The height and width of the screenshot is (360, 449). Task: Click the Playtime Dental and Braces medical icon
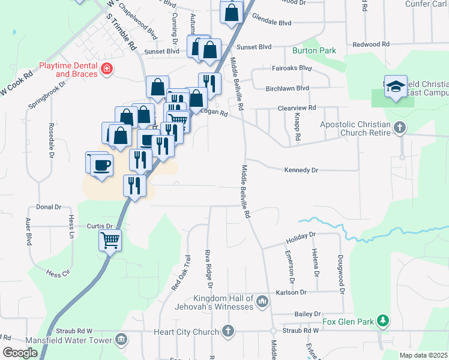click(x=107, y=69)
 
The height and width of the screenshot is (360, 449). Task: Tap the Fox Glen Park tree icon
click(x=382, y=322)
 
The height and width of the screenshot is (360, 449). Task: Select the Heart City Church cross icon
click(x=228, y=331)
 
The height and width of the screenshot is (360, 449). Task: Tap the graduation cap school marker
click(x=396, y=87)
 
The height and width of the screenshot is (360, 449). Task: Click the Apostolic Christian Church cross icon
click(x=400, y=127)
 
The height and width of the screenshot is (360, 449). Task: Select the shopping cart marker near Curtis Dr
click(x=110, y=241)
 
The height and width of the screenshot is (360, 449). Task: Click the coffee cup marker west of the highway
click(x=101, y=164)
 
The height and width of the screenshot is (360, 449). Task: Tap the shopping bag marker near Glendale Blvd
click(x=232, y=13)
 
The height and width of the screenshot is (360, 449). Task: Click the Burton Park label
click(x=314, y=51)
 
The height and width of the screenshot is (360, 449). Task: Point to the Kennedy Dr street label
click(x=300, y=170)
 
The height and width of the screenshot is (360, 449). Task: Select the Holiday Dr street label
click(x=300, y=236)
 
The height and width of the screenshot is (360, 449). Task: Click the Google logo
click(x=20, y=353)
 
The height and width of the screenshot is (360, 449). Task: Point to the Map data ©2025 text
click(x=423, y=355)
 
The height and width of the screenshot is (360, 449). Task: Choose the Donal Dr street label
click(x=49, y=206)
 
